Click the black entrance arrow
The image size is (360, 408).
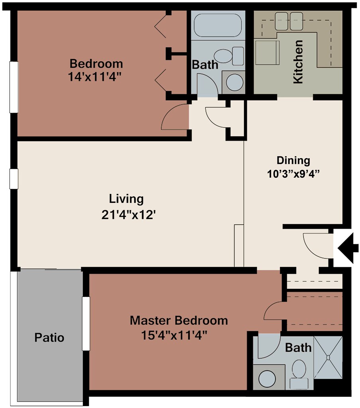click(x=348, y=248)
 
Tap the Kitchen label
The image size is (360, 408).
click(x=298, y=62)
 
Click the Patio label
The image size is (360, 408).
click(x=49, y=337)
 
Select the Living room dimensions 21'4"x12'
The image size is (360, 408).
click(x=129, y=215)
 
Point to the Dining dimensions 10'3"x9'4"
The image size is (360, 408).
click(x=293, y=174)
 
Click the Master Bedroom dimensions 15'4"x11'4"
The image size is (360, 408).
click(x=174, y=335)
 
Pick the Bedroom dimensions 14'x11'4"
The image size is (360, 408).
click(x=95, y=77)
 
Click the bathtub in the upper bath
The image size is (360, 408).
click(x=218, y=25)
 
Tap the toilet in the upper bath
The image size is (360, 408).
click(x=229, y=56)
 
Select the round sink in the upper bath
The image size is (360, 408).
click(x=235, y=82)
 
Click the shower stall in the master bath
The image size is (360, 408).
click(x=328, y=357)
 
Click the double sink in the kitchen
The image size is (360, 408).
click(x=289, y=22)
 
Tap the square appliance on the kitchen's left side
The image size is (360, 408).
click(x=268, y=53)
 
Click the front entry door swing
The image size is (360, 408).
click(x=318, y=246)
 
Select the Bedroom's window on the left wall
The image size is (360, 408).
click(x=14, y=87)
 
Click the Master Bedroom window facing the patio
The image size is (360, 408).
click(x=86, y=324)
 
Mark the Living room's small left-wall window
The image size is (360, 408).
click(x=14, y=179)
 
